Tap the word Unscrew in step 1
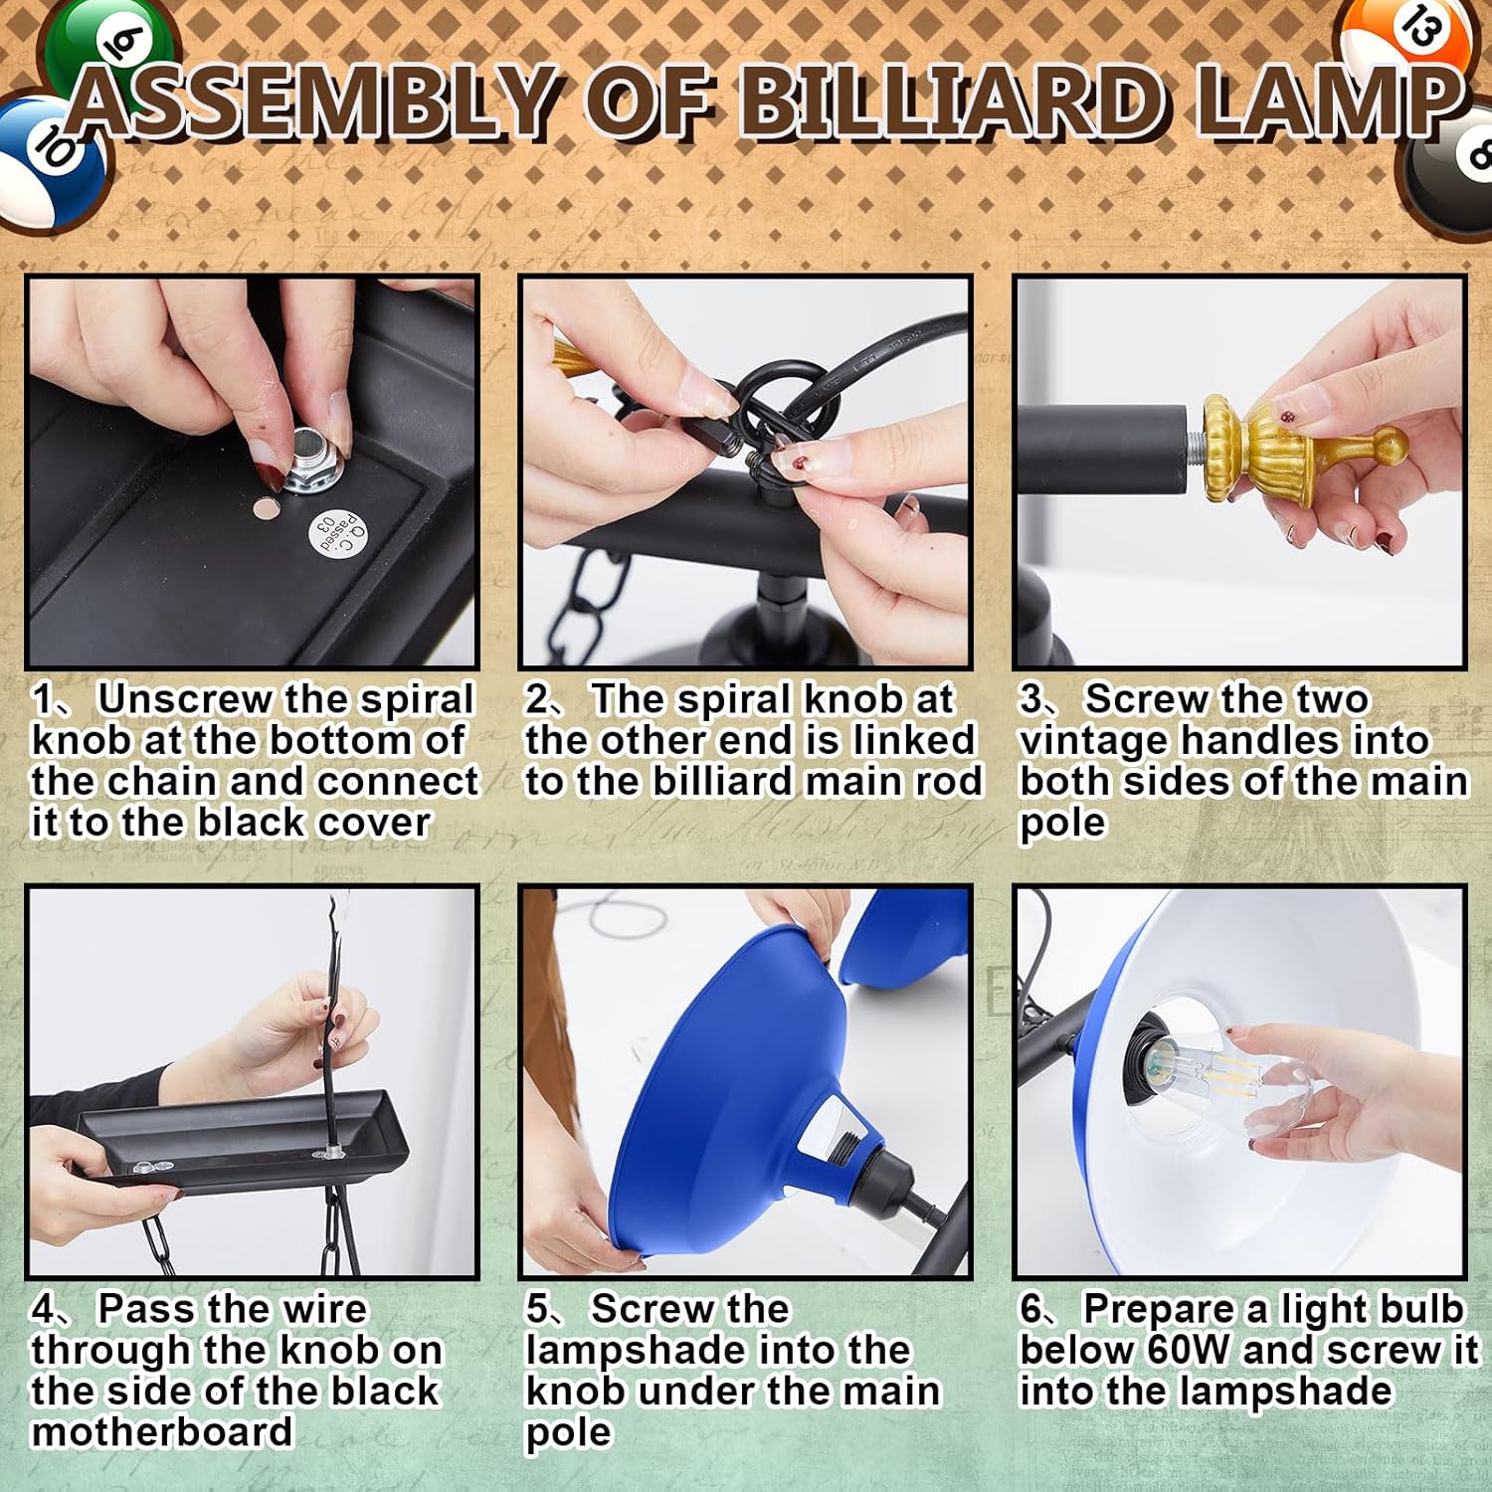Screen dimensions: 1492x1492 tap(185, 699)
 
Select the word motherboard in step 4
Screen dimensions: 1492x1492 tap(162, 1431)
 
